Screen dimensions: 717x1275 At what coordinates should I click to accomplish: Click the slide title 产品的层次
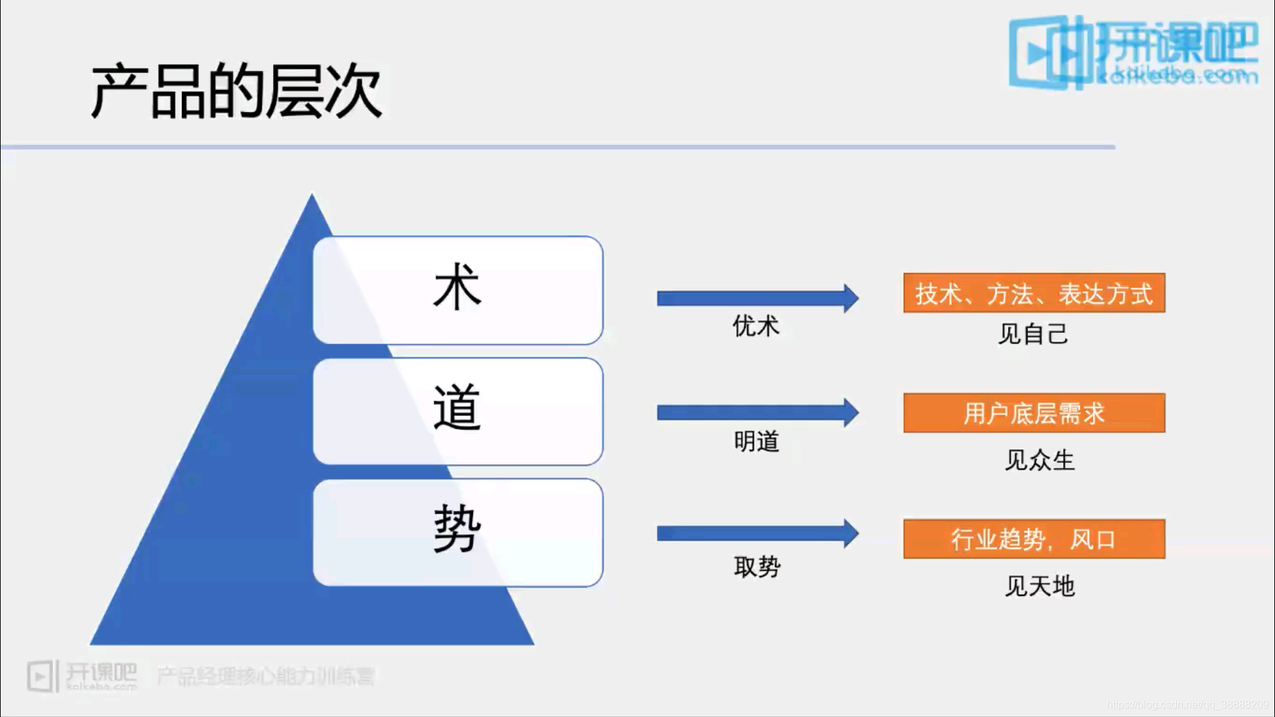click(236, 92)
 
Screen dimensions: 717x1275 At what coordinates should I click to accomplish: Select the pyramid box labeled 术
click(458, 290)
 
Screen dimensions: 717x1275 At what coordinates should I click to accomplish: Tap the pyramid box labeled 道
click(458, 411)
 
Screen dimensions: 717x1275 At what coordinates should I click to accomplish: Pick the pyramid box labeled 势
click(458, 532)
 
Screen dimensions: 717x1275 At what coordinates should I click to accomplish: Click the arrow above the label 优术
click(757, 298)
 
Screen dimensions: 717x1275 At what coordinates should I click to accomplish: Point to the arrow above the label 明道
click(757, 413)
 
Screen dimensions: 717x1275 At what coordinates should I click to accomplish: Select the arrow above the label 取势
click(757, 534)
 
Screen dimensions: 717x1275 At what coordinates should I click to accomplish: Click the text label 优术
click(756, 326)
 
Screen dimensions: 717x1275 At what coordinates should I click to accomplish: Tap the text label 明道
click(756, 441)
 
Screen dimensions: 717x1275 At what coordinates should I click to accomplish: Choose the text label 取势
click(757, 567)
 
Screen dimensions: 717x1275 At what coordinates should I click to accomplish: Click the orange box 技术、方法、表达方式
click(1034, 293)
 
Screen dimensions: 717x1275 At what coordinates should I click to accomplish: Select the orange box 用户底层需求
click(1034, 413)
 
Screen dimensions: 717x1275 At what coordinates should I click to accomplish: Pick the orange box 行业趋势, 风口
click(1034, 539)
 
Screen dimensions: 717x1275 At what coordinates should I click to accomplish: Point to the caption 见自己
click(1033, 334)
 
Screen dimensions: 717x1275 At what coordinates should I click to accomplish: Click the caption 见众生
click(1039, 460)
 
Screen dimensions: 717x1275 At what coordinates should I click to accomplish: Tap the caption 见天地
click(1039, 586)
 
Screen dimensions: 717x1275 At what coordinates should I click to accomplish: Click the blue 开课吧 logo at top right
click(1133, 52)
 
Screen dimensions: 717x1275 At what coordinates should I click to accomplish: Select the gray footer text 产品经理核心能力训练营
click(266, 676)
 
